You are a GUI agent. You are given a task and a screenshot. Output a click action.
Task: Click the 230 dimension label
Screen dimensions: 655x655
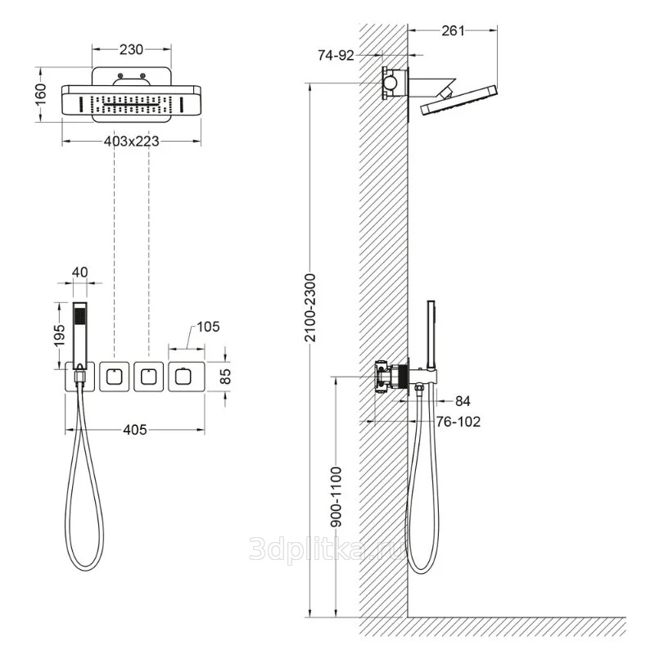(x=132, y=50)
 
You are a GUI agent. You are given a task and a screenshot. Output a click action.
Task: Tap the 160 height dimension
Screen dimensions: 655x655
(x=40, y=95)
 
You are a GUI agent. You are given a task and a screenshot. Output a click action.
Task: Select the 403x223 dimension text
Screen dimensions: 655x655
(x=132, y=141)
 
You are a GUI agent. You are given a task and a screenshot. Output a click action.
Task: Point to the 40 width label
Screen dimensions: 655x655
(x=80, y=273)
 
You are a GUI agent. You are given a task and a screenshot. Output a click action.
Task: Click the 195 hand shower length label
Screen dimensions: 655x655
(x=59, y=335)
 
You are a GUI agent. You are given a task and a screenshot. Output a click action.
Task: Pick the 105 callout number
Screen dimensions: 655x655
(x=208, y=327)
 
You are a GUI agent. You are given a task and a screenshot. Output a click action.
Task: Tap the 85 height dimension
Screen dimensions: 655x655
(x=225, y=377)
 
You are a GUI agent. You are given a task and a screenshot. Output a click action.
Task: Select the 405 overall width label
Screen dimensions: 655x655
(x=135, y=429)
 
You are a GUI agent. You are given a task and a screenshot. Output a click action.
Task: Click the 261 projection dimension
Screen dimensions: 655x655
(x=453, y=31)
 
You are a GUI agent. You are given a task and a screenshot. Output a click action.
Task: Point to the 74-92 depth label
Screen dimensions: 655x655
(x=336, y=55)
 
